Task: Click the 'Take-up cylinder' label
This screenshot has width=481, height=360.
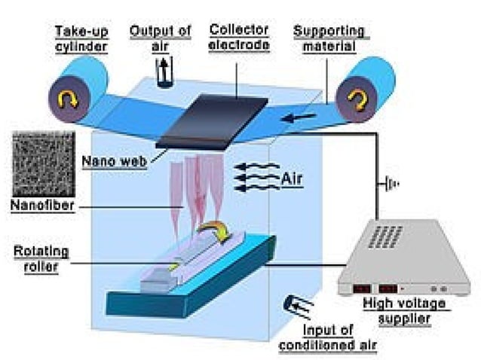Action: point(81,38)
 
